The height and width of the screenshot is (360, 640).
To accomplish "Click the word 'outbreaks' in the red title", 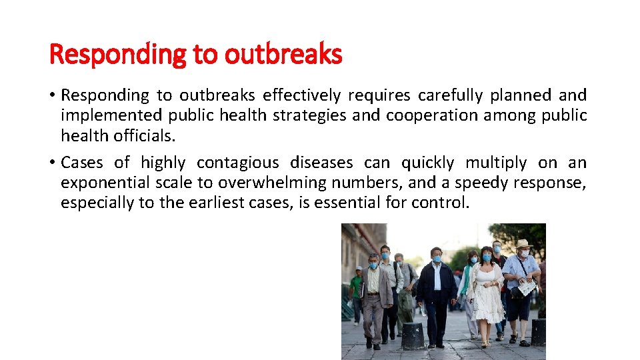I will [283, 54].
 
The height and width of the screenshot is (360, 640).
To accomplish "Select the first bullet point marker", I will [53, 96].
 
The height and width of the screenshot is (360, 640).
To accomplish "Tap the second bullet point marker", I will [53, 163].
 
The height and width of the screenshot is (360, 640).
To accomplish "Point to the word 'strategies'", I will [317, 115].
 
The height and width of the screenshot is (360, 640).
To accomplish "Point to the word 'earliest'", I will [214, 202].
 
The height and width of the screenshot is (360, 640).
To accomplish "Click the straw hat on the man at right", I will [523, 244].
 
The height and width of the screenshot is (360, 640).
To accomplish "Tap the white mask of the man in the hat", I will [524, 253].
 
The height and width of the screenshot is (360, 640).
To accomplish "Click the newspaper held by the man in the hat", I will [527, 287].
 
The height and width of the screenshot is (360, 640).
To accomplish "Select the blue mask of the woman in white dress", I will [487, 258].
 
